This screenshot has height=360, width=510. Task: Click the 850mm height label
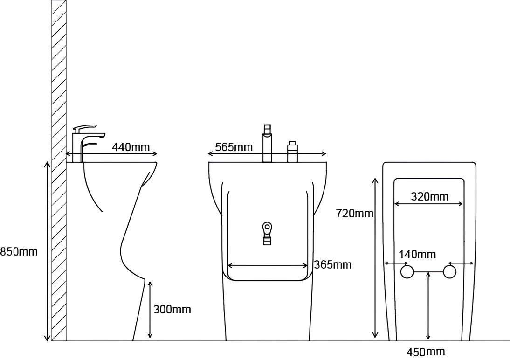tap(19, 252)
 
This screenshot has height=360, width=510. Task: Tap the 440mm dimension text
tap(131, 147)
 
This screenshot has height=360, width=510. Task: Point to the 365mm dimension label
tap(333, 264)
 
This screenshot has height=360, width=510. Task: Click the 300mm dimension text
tap(172, 309)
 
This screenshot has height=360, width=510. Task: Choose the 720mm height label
tap(354, 214)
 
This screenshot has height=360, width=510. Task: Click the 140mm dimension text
tap(417, 254)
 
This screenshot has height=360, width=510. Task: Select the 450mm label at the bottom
tap(426, 352)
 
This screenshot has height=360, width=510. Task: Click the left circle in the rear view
tap(407, 272)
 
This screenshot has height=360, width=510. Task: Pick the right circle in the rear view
tap(450, 272)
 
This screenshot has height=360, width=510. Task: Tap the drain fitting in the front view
tap(267, 233)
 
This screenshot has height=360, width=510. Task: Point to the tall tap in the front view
tap(267, 143)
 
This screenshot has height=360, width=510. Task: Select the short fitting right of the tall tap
tap(292, 152)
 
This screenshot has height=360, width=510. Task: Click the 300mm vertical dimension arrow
tap(150, 310)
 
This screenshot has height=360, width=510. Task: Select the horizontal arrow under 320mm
tap(428, 204)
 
